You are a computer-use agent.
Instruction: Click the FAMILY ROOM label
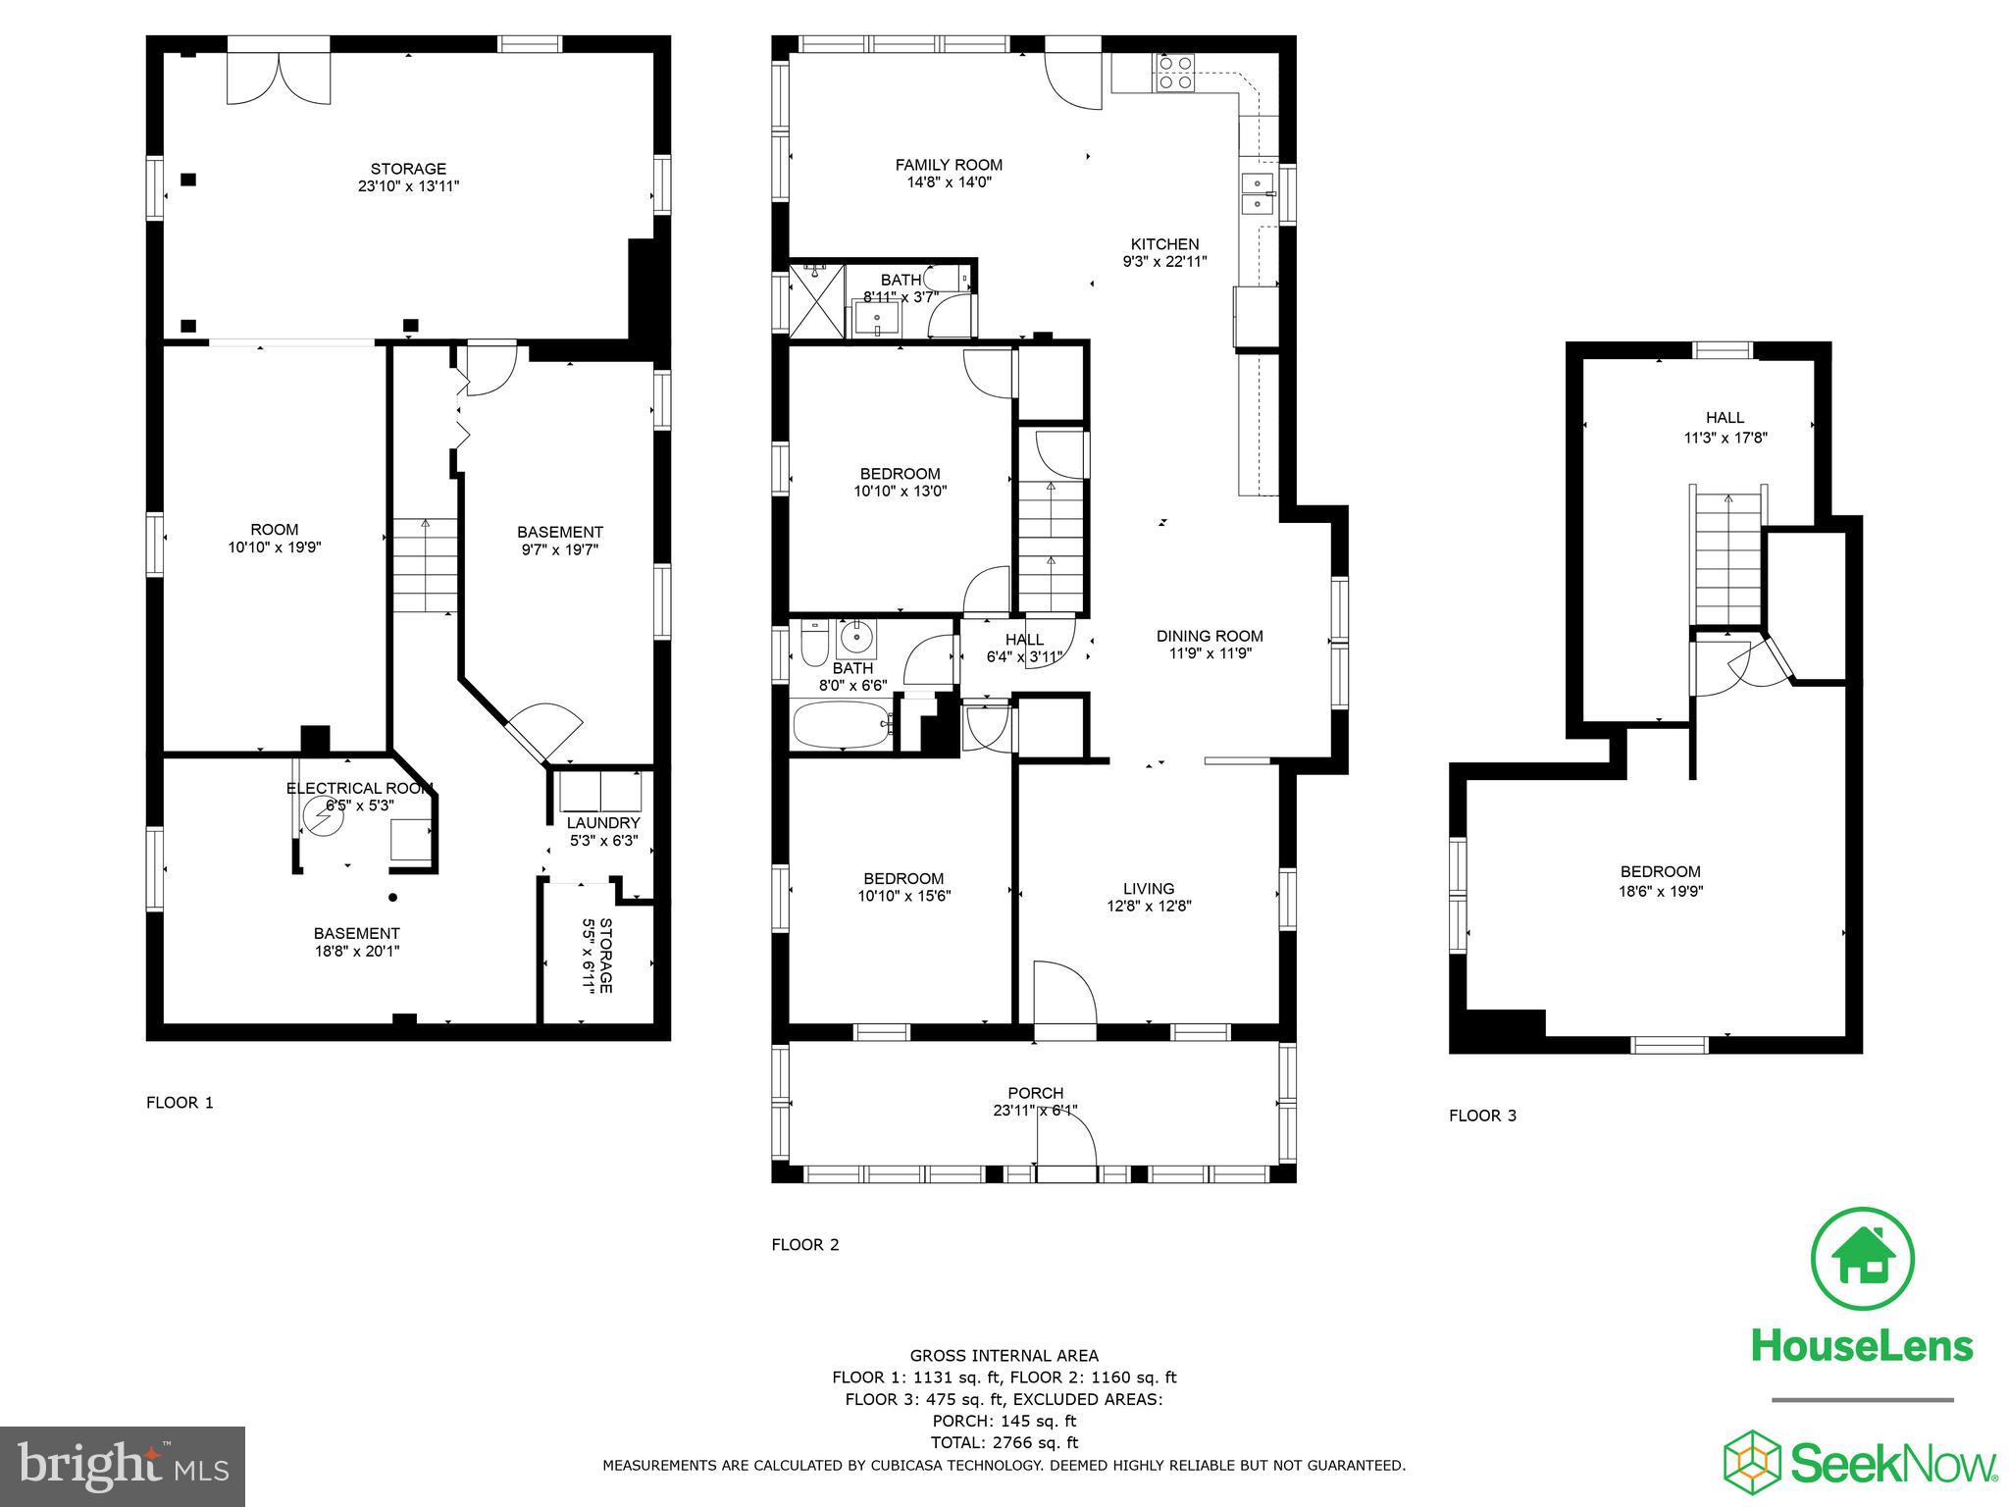click(x=949, y=165)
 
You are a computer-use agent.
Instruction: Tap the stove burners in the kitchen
click(x=1175, y=73)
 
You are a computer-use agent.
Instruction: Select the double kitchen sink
click(x=1257, y=193)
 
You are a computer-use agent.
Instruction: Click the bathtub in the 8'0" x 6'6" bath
click(x=843, y=724)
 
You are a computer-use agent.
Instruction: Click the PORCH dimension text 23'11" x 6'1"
click(x=1035, y=1111)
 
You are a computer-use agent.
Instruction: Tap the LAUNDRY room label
click(x=603, y=822)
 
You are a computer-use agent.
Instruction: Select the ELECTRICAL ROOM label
click(x=359, y=788)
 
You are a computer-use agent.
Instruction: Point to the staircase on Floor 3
click(x=1726, y=559)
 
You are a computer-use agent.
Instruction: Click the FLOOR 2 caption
click(x=805, y=1244)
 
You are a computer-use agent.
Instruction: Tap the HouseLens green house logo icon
click(x=1862, y=1260)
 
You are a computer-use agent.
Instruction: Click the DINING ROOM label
click(x=1210, y=636)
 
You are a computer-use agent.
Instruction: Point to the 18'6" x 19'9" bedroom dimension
click(x=1660, y=892)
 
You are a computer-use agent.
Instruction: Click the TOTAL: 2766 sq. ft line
click(x=1004, y=1442)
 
